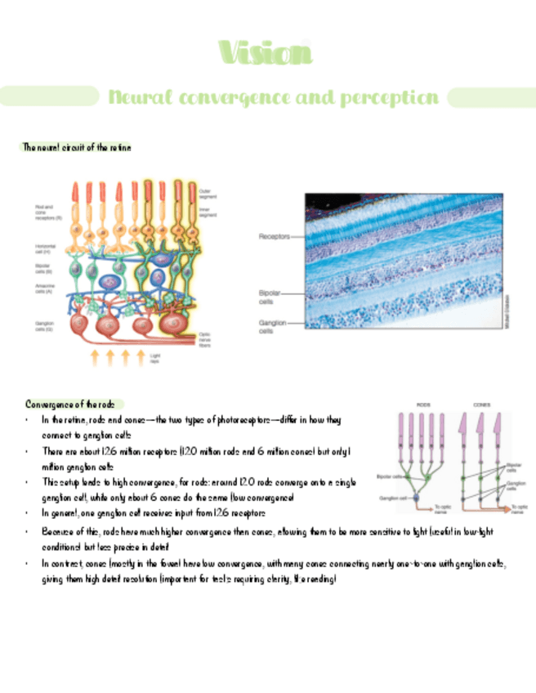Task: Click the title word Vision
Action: coord(266,54)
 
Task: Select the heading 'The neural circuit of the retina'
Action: coord(77,147)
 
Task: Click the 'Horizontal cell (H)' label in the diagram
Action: coord(45,248)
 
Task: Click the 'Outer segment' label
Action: coord(210,194)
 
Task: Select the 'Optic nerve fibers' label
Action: coord(210,338)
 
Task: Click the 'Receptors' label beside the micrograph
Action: coord(274,236)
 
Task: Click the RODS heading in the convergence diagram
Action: coord(424,405)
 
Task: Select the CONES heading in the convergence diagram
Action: coord(480,405)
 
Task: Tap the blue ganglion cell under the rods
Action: coord(414,497)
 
